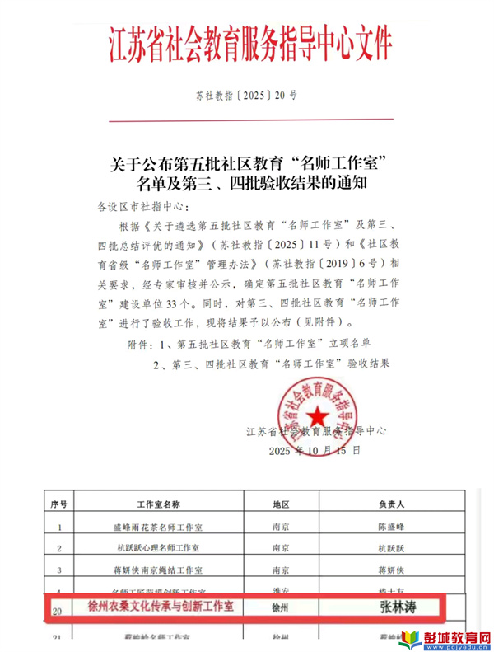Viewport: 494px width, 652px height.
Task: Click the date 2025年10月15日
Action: click(315, 452)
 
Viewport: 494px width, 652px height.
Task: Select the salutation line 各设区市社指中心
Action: click(142, 205)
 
